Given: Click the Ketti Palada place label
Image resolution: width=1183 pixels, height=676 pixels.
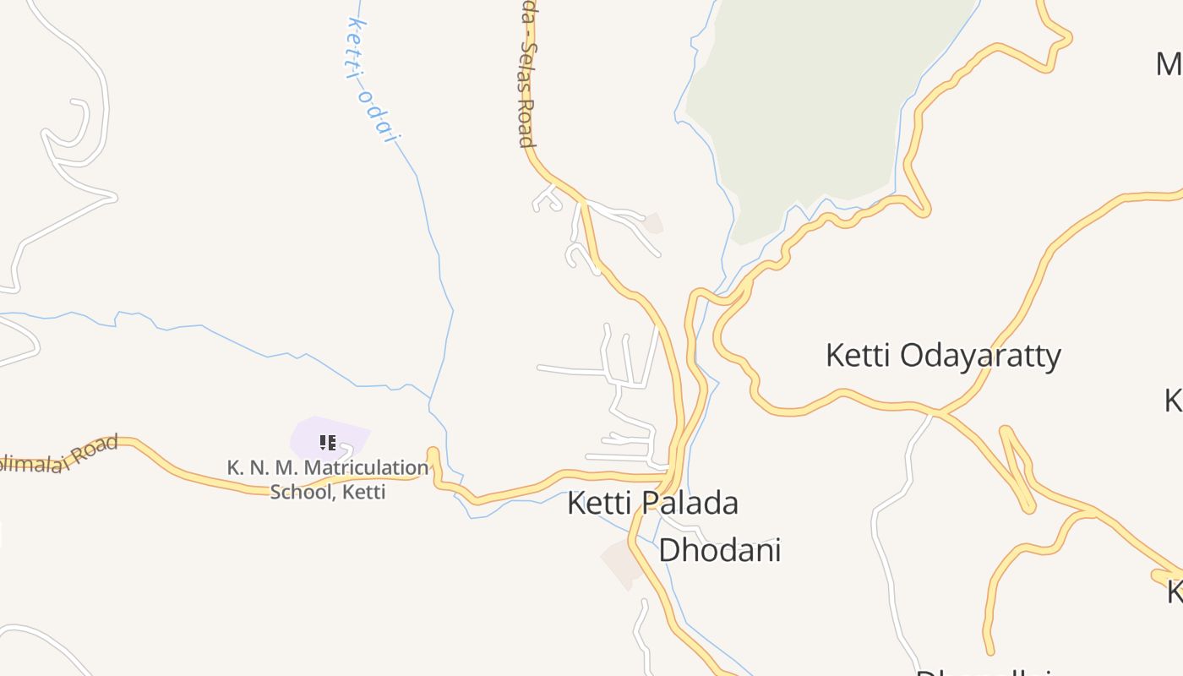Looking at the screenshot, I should (x=652, y=504).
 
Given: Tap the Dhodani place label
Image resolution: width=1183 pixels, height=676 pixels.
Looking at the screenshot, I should (x=719, y=550).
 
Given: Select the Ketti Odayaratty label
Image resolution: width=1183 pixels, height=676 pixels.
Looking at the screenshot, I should (x=942, y=356).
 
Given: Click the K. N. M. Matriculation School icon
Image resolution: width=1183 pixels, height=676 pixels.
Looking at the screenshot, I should (x=328, y=442).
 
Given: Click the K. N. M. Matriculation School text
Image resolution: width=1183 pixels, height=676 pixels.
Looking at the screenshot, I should (x=328, y=479).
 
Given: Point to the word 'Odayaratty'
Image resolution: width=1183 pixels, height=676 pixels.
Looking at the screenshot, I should (x=980, y=356).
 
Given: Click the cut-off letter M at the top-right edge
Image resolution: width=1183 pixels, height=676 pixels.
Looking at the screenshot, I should (x=1169, y=64).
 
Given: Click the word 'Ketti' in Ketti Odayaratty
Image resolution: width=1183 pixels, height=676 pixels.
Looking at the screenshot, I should (x=857, y=356).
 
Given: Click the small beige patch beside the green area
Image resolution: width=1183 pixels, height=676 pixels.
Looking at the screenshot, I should (x=652, y=223).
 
